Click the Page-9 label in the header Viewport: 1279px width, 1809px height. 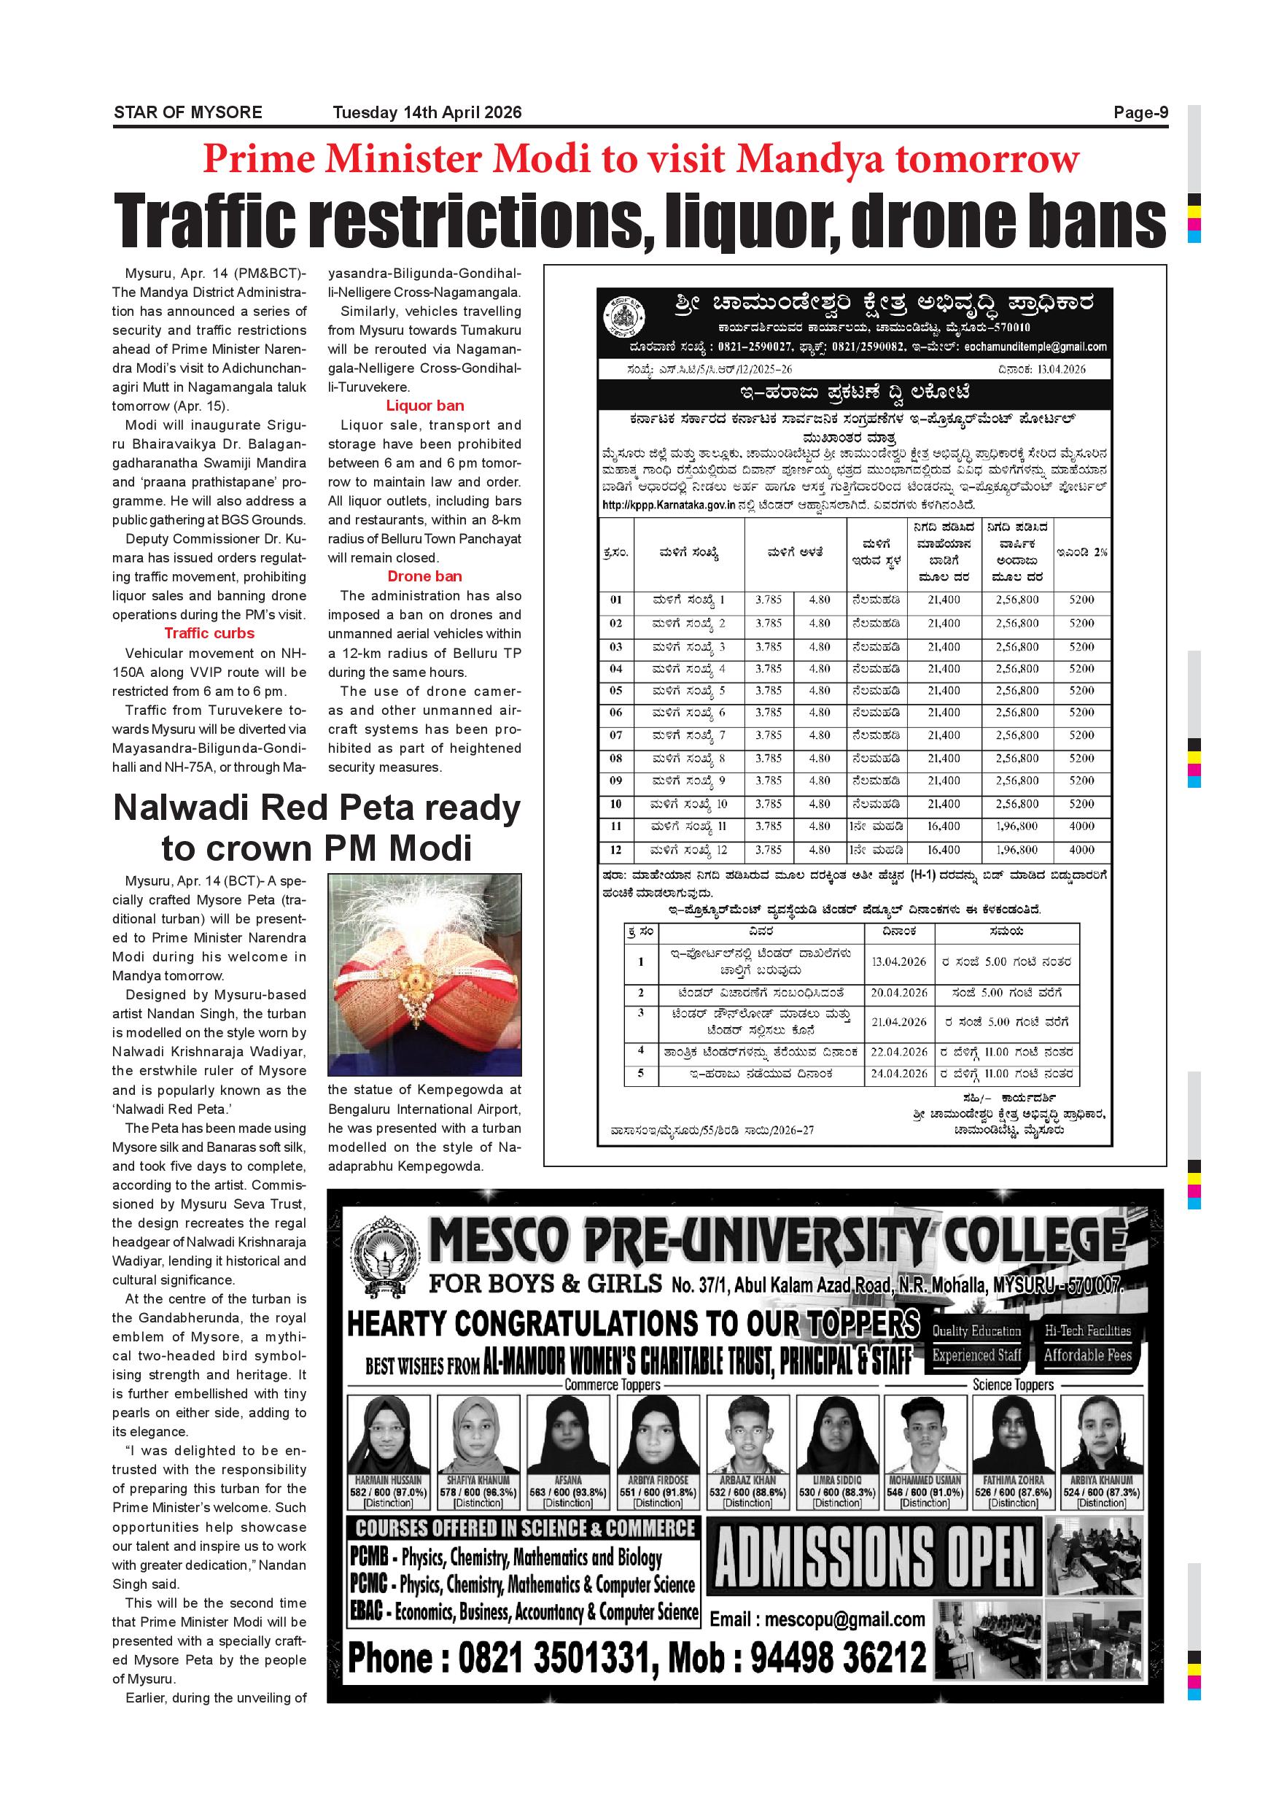[x=1140, y=112]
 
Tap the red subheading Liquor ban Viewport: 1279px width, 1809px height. [x=424, y=406]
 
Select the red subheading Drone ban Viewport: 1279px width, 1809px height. [x=424, y=576]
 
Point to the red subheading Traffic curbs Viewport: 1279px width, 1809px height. [x=209, y=633]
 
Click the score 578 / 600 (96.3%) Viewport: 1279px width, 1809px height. [x=478, y=1492]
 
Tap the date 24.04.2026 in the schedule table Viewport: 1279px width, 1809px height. [x=898, y=1074]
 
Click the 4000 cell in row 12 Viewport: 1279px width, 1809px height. [x=1081, y=850]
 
